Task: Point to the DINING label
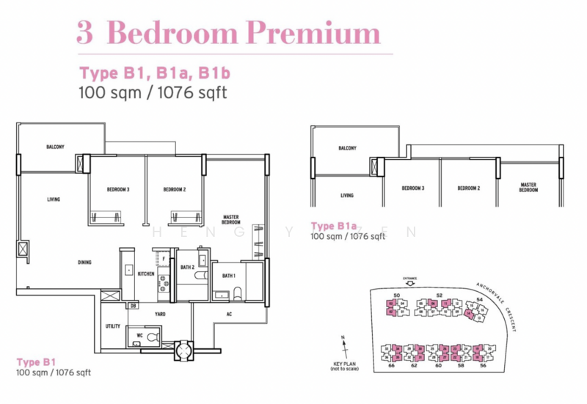[85, 262]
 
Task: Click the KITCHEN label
[146, 273]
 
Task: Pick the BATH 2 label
[188, 268]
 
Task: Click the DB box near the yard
[133, 305]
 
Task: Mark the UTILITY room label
[112, 326]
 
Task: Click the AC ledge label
[229, 314]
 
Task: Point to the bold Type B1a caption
[333, 225]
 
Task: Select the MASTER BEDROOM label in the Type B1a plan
[528, 188]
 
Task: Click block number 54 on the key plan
[480, 299]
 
